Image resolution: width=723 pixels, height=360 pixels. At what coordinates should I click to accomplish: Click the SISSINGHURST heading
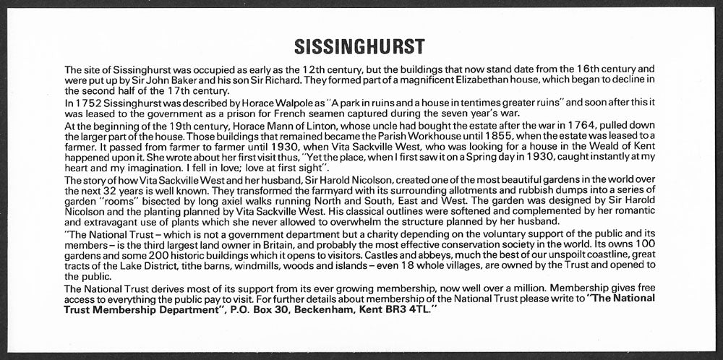click(359, 47)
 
